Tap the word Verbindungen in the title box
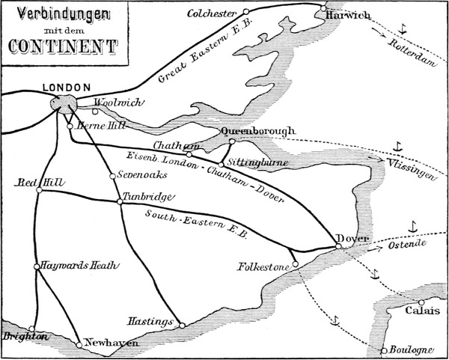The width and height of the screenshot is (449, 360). [x=63, y=13]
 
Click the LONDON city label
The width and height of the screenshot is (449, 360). [x=67, y=87]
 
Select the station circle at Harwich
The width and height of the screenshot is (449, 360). [x=323, y=9]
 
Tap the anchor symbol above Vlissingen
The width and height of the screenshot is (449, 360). [x=398, y=145]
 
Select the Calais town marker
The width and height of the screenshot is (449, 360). [x=421, y=302]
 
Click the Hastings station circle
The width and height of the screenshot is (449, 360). [x=181, y=324]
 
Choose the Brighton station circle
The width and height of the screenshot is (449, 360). [x=31, y=328]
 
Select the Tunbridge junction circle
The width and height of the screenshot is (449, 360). [x=119, y=201]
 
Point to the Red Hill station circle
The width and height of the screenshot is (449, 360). [x=40, y=189]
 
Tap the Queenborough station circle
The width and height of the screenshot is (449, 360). [x=232, y=140]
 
